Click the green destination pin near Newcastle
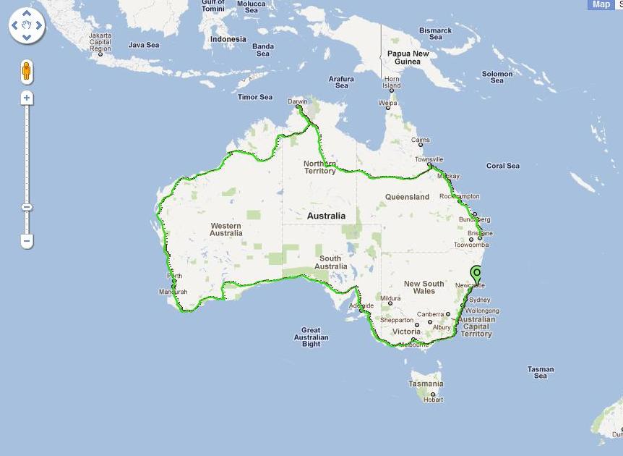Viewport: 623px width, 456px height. tap(476, 274)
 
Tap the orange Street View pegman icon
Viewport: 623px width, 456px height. tap(27, 72)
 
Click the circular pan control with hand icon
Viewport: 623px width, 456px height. tap(27, 26)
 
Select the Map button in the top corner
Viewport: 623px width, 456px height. tap(601, 4)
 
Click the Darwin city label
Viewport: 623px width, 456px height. tap(297, 101)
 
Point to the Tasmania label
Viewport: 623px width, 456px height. tap(425, 384)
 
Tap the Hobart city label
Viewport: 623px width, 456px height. tap(433, 400)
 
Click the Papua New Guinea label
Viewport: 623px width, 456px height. tap(408, 58)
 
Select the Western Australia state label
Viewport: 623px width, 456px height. tap(226, 229)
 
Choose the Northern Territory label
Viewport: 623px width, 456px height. tap(319, 167)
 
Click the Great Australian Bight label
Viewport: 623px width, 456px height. tap(311, 337)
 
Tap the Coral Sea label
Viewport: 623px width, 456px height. tap(502, 166)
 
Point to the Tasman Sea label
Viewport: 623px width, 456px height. tap(541, 373)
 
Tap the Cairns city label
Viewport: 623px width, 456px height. tap(420, 140)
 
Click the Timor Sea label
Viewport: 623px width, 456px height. tap(255, 97)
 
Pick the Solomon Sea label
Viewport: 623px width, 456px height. tap(497, 77)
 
